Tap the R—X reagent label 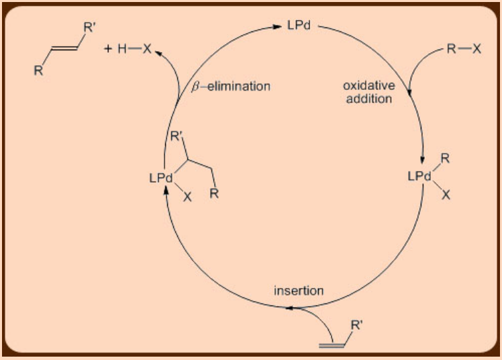click(464, 49)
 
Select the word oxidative click(367, 86)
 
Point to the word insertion click(299, 291)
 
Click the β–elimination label click(231, 86)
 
